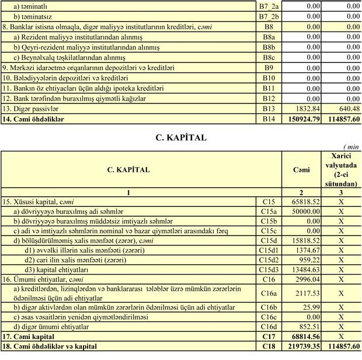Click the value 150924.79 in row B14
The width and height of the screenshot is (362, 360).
point(304,119)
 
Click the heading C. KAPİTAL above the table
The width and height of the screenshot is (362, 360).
point(180,139)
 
